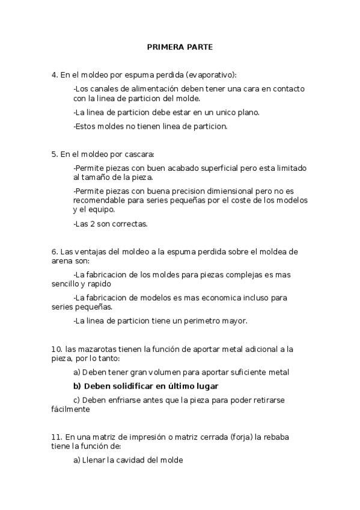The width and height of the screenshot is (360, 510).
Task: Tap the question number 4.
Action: pos(53,75)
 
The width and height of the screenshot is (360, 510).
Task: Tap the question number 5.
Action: pos(53,154)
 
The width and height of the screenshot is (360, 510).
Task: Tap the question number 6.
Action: pos(53,251)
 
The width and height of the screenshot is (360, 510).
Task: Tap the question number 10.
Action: pos(56,349)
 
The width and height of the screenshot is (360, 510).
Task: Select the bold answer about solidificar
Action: pos(145,386)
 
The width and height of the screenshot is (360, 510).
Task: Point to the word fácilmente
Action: pos(70,409)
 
